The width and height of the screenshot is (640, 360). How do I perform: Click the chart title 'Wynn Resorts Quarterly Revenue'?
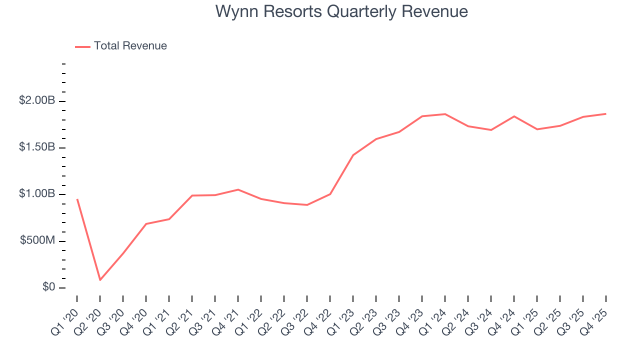tap(341, 11)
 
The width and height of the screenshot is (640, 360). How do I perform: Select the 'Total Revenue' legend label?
tap(130, 46)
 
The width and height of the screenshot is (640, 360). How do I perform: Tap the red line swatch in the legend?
tap(82, 46)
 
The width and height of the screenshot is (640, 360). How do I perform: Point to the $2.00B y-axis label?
tap(37, 100)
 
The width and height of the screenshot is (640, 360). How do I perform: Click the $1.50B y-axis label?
tap(37, 147)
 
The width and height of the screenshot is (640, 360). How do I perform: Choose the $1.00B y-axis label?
tap(37, 194)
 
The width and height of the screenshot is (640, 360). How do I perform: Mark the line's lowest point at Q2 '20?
tap(100, 279)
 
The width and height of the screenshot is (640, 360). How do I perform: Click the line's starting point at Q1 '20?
tap(77, 199)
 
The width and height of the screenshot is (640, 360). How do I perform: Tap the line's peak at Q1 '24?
tap(445, 114)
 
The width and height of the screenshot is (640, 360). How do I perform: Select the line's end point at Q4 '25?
tap(606, 113)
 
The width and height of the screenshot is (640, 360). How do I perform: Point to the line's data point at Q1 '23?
tap(353, 155)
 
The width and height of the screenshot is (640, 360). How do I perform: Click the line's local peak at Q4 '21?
tap(238, 189)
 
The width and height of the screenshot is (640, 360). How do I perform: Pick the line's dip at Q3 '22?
tap(307, 205)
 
